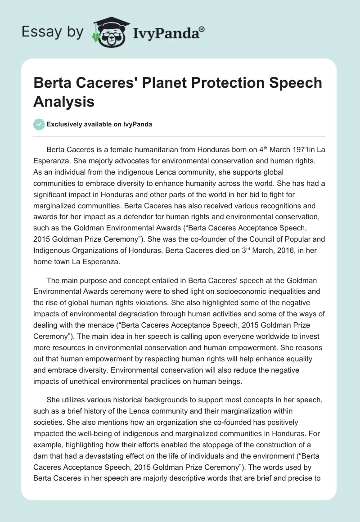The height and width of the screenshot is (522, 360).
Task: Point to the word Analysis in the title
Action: [x=64, y=101]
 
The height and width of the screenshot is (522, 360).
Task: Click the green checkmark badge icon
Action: [x=39, y=124]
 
